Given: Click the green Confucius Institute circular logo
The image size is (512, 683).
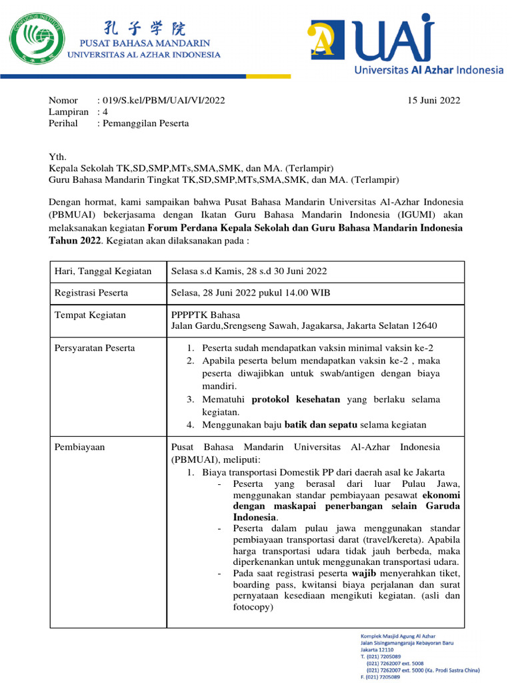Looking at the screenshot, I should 36,40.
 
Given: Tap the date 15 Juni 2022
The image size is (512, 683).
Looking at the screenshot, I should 434,101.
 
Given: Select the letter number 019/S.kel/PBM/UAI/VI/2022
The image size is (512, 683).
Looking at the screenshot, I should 161,101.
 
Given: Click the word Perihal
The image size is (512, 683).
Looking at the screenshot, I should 64,123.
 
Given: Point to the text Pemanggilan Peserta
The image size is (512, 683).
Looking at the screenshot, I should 143,123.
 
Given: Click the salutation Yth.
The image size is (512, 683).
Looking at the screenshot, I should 59,157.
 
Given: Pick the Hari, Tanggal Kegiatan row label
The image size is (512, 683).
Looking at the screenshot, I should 103,271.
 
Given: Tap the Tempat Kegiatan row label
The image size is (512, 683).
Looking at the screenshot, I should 90,315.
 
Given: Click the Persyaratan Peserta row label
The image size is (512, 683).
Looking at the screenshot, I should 94,348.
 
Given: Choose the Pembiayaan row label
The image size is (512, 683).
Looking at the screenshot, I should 79,447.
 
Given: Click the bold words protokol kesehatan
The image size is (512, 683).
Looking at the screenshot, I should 296,400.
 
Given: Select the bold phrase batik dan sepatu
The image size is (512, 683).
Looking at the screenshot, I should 323,425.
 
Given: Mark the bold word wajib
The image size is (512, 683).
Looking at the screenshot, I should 364,573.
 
